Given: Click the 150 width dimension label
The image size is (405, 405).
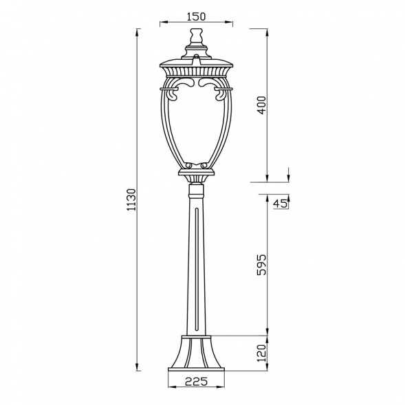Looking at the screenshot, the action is pos(196,17).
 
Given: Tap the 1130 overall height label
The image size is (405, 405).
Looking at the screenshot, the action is pos(132,199).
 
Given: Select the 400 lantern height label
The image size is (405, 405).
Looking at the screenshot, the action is pos(262,105).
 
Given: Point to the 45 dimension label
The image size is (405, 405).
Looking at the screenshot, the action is pos(280,204).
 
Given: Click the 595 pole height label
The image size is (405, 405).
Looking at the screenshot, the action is pos(262,265).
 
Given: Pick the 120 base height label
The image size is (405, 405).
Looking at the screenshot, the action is pos(262,353).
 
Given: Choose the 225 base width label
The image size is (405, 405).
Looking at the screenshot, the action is pos(196,381).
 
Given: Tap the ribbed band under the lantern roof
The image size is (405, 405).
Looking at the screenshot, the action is pos(196,71).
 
